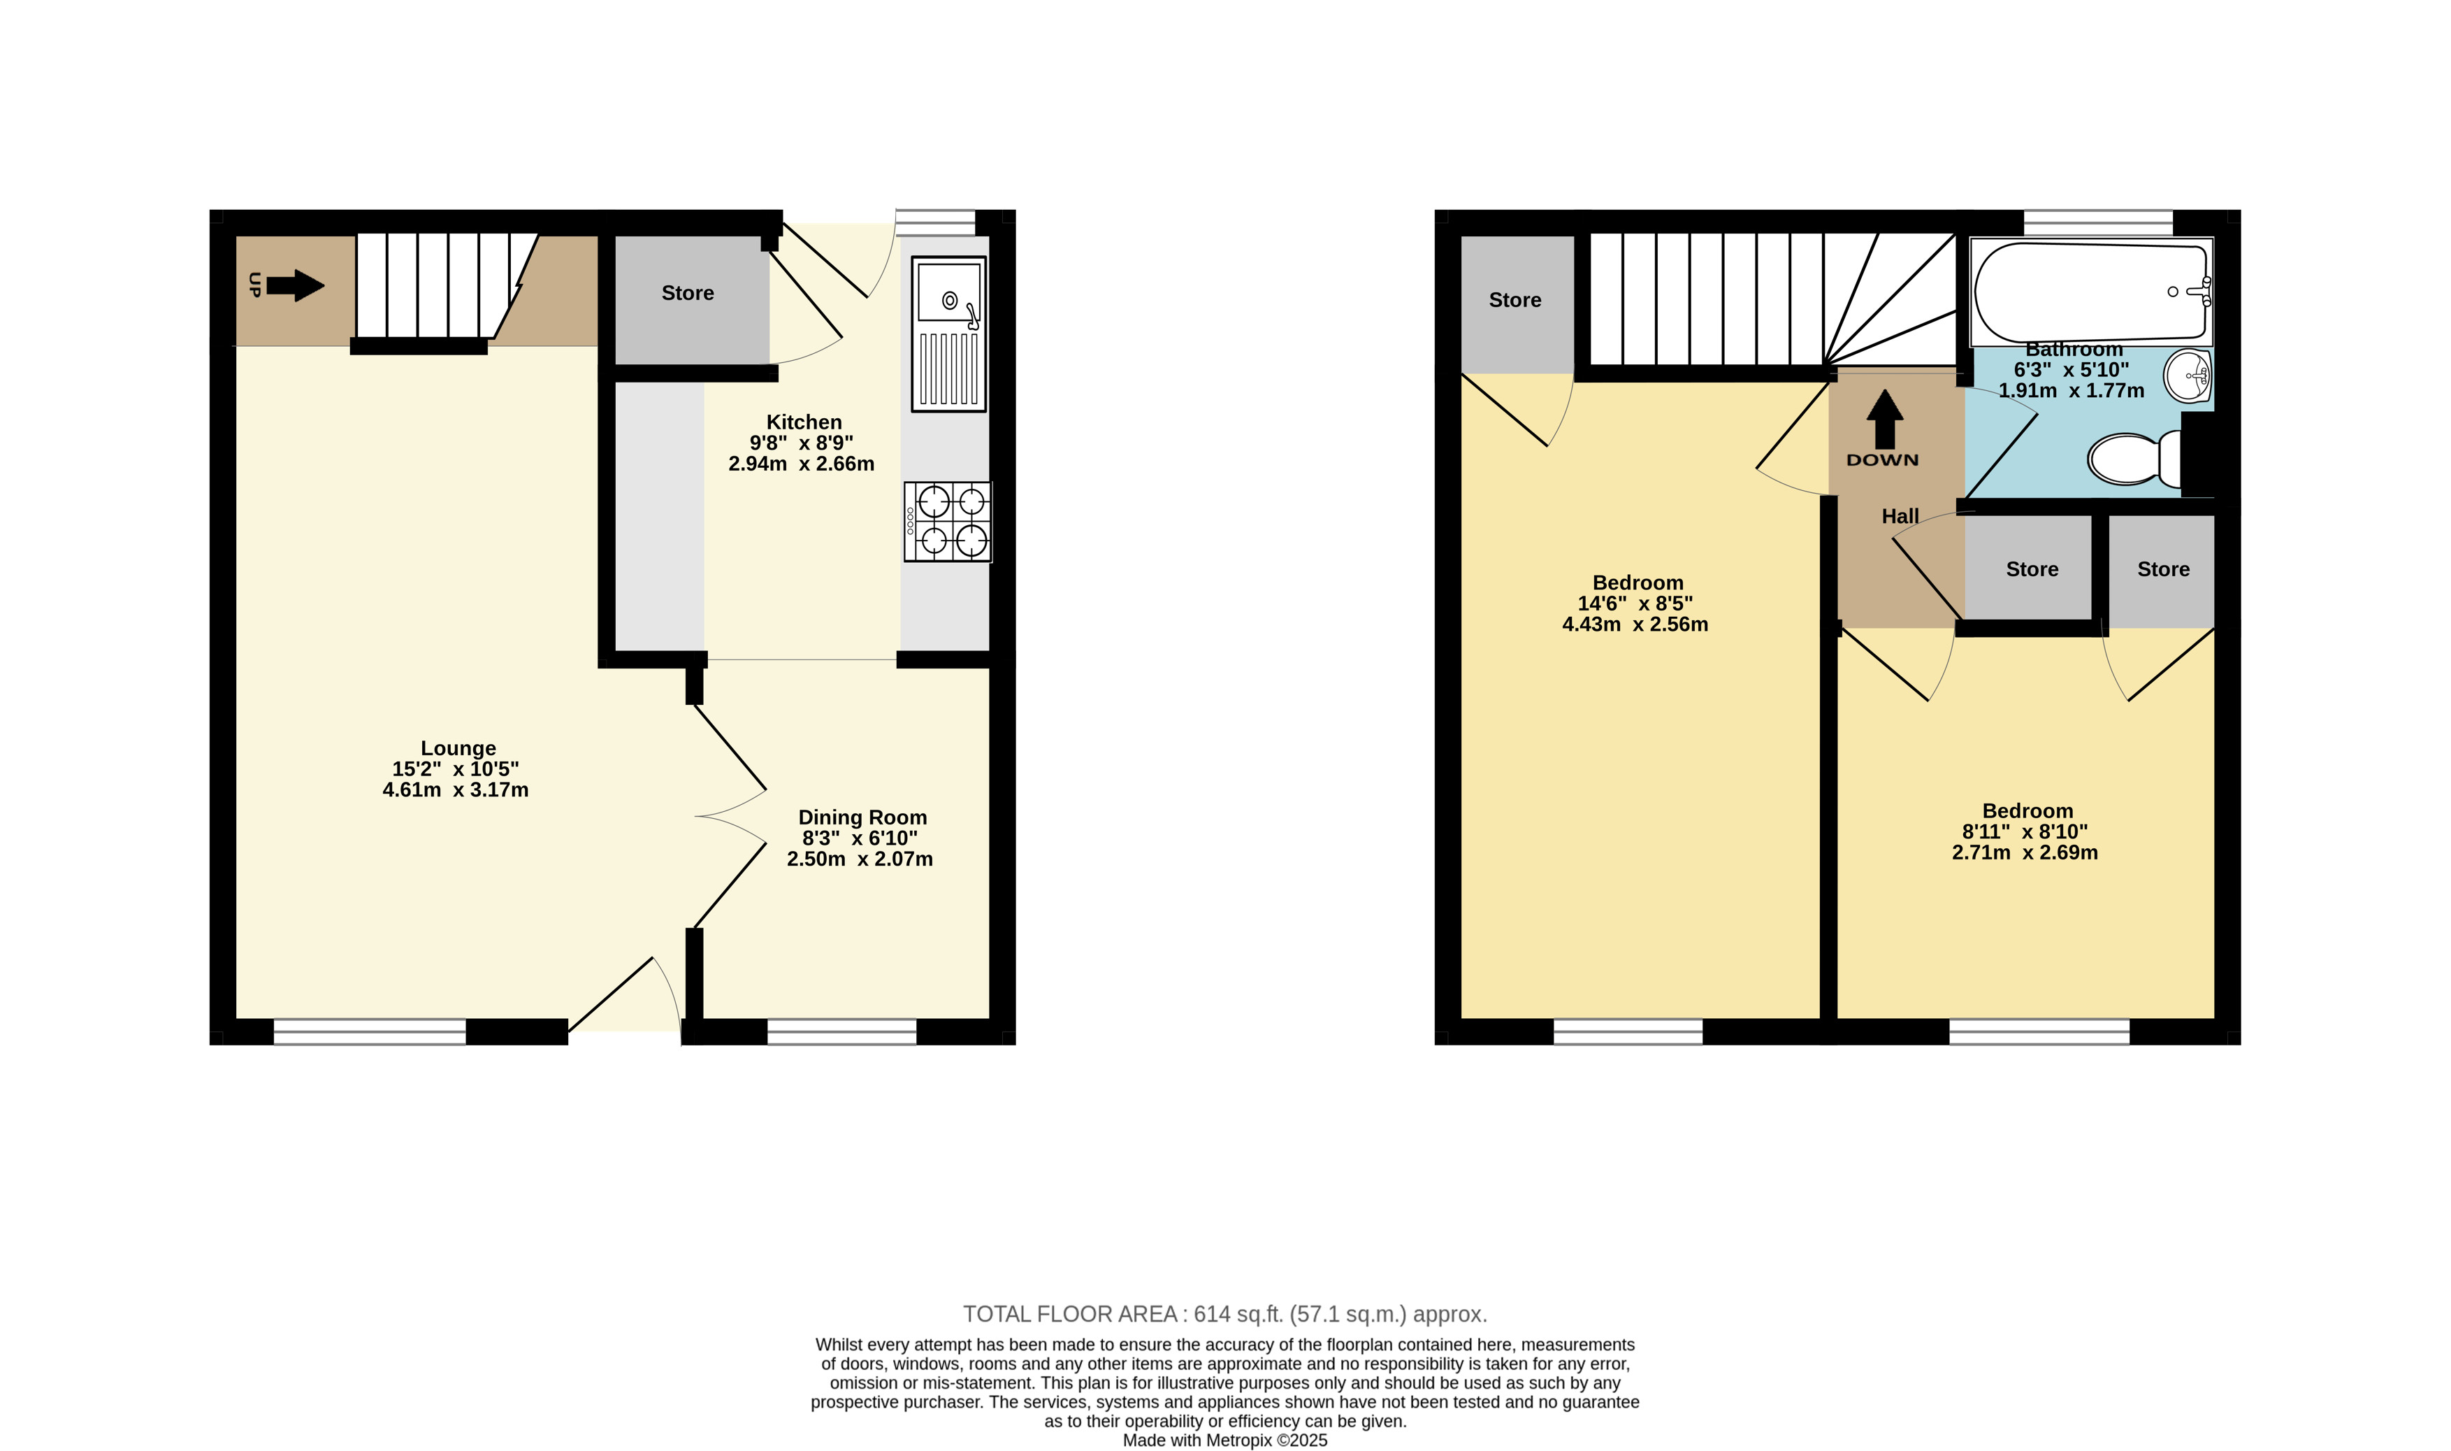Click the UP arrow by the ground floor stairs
(x=295, y=285)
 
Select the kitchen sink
(x=948, y=334)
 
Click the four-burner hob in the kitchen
(x=947, y=522)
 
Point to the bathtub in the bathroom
(x=2091, y=292)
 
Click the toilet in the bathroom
(x=2134, y=457)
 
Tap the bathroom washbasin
(x=2189, y=376)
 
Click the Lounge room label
(x=458, y=748)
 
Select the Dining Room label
(x=862, y=817)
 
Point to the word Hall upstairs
(x=1900, y=516)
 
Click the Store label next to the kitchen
(x=687, y=293)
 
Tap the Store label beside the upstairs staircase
(x=1514, y=300)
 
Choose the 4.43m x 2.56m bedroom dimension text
(x=1635, y=624)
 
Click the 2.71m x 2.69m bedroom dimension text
(x=2025, y=852)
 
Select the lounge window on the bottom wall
(x=370, y=1031)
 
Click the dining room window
(x=841, y=1031)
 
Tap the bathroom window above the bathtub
(x=2097, y=222)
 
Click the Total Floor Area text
(x=1224, y=1314)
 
